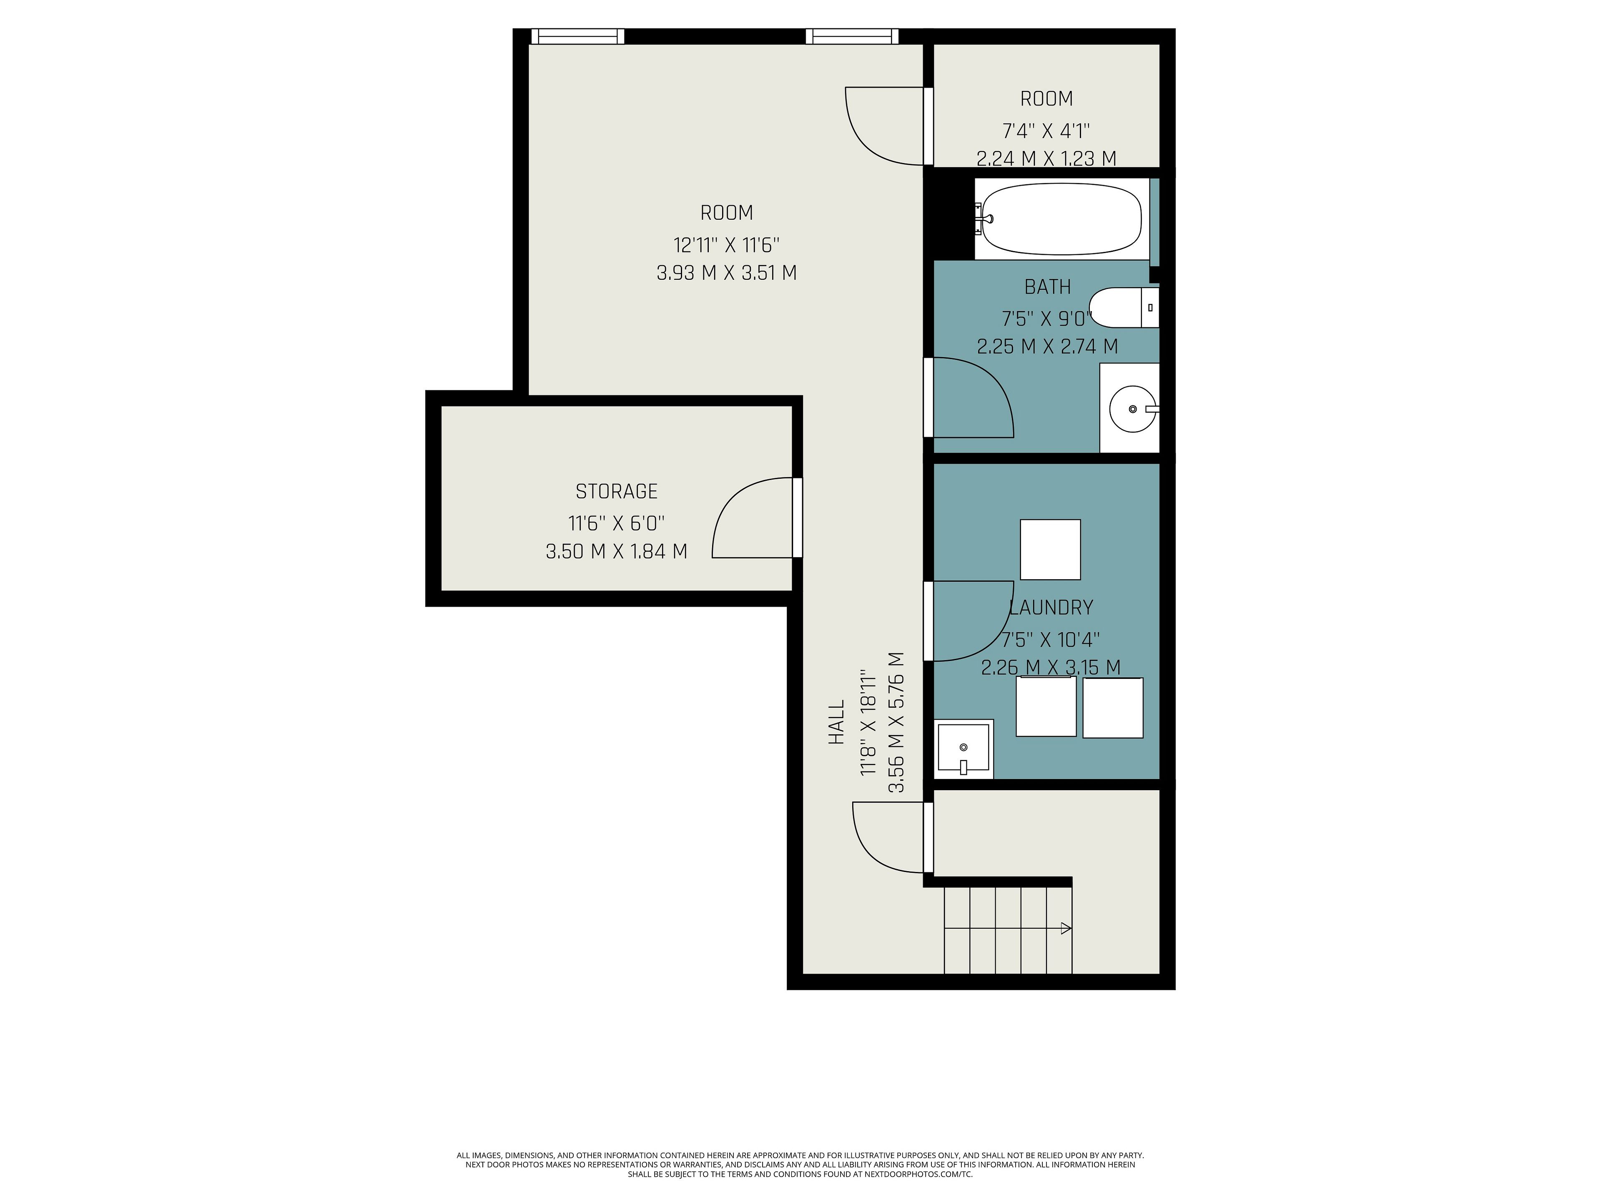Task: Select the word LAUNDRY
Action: pyautogui.click(x=1051, y=607)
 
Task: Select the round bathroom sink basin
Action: pyautogui.click(x=1133, y=409)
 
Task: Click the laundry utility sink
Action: pyautogui.click(x=964, y=748)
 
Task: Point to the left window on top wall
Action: pyautogui.click(x=577, y=36)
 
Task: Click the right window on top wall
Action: pyautogui.click(x=852, y=36)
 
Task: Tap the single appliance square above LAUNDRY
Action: pyautogui.click(x=1050, y=550)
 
